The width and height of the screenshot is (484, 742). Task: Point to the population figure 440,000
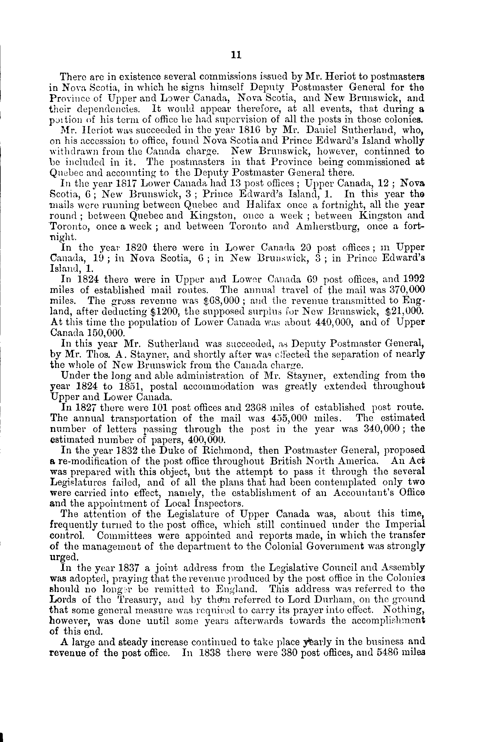click(334, 322)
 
